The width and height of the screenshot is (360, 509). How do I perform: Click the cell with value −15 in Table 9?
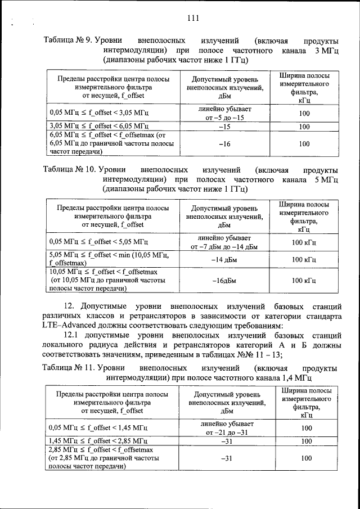pos(224,127)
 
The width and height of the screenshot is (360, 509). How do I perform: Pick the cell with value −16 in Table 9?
pos(224,144)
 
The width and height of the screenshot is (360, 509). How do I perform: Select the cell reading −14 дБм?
pos(224,259)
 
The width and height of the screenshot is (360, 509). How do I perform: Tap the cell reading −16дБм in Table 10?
pos(224,280)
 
